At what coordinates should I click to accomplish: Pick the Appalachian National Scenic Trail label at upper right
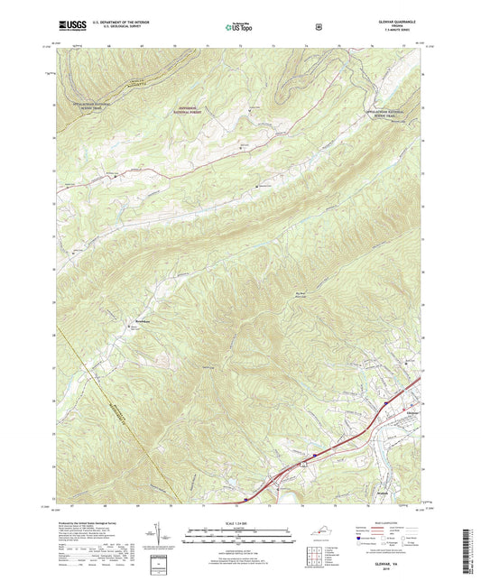[x=393, y=113]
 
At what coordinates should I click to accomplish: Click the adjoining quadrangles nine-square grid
[x=318, y=558]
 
